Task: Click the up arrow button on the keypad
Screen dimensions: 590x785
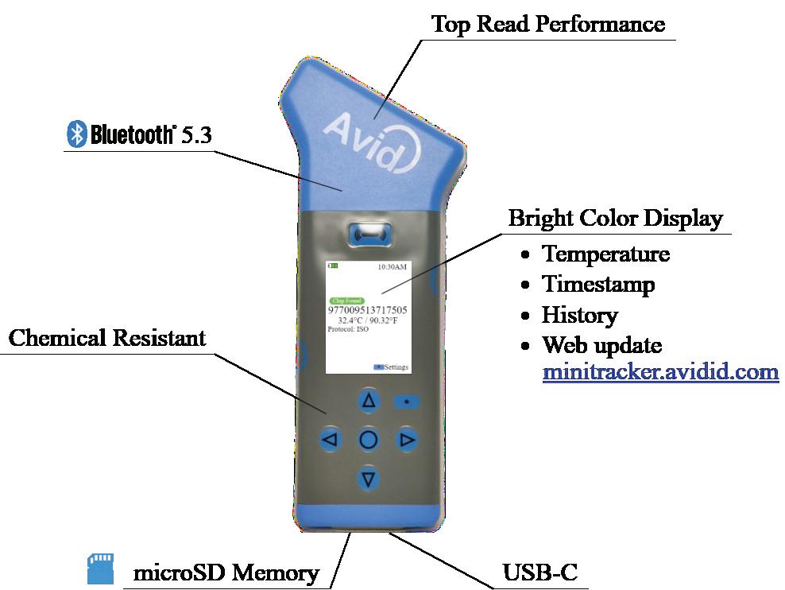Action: [368, 401]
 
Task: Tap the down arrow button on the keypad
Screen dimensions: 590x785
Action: [368, 478]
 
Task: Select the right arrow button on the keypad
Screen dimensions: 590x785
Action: [407, 439]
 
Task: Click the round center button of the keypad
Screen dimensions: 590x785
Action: [368, 439]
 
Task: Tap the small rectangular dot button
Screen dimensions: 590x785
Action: [406, 402]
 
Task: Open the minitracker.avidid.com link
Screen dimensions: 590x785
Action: [659, 372]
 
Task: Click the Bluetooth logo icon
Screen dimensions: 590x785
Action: [76, 134]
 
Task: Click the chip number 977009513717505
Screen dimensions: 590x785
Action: [367, 310]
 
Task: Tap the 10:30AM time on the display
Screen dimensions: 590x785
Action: [392, 266]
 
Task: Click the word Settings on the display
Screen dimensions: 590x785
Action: [396, 367]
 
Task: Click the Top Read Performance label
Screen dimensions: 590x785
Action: [547, 24]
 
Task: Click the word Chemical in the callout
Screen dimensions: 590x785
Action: [56, 338]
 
